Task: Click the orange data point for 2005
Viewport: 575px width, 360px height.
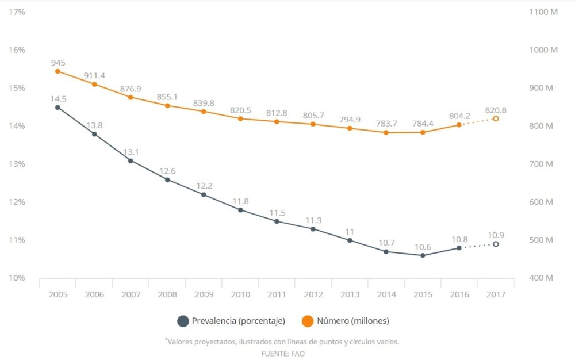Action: [57, 71]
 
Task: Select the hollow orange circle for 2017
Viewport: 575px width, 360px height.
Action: [496, 118]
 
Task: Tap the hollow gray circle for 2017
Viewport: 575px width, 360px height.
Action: [496, 244]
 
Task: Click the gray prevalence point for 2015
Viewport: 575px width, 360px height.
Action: [423, 255]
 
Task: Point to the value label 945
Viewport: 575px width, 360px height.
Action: [58, 62]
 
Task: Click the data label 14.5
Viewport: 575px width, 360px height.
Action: [58, 98]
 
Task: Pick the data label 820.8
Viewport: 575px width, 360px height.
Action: [496, 110]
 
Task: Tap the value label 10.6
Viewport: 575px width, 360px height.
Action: [423, 247]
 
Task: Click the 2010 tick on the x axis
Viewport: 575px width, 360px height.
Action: [240, 294]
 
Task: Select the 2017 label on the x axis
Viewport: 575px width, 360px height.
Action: [496, 294]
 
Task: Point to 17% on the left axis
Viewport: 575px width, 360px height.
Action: [17, 12]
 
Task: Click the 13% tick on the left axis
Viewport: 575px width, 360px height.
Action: [17, 164]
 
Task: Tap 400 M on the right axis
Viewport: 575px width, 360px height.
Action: [541, 278]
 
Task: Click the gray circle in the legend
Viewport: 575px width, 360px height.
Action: [183, 321]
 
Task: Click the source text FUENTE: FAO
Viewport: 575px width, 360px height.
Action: [283, 354]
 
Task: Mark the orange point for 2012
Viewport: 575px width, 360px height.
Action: [313, 124]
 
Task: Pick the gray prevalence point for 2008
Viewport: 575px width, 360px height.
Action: [167, 180]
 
